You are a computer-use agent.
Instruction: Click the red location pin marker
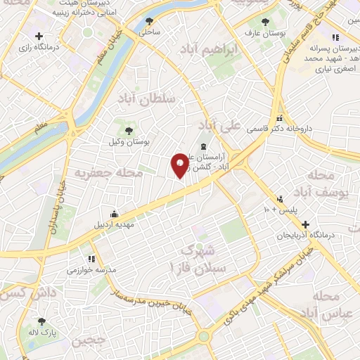point(179,165)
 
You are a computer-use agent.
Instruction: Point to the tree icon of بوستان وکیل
point(128,130)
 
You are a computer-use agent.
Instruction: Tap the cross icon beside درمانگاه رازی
point(39,36)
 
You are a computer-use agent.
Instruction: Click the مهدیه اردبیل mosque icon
point(114,214)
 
